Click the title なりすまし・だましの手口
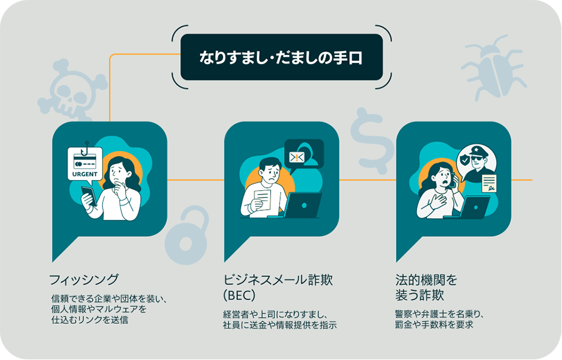[x=282, y=57]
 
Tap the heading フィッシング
[x=84, y=280]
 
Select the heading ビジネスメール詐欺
[x=278, y=280]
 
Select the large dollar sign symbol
[x=370, y=138]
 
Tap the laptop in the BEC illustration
[x=303, y=205]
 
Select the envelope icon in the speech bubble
[x=297, y=156]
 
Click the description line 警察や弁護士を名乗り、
[x=439, y=314]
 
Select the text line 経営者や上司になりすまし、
[x=275, y=314]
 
